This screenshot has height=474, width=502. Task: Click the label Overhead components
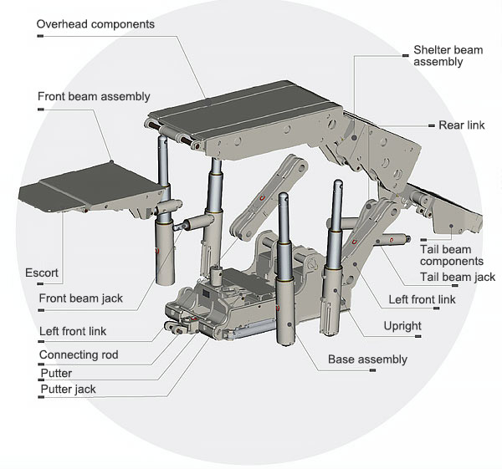[95, 24]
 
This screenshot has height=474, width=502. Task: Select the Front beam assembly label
[94, 96]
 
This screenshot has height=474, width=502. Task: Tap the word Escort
[42, 273]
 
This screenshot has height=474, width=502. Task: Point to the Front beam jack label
[80, 298]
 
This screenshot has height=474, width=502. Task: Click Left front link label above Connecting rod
[73, 331]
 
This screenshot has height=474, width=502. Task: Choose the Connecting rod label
[79, 354]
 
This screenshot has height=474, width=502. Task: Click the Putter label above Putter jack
[56, 373]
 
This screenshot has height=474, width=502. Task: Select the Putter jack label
[68, 389]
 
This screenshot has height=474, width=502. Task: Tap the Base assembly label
[367, 359]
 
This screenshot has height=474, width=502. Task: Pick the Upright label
[401, 325]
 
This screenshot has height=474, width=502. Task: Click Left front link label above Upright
[423, 300]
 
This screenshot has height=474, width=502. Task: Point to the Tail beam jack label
[457, 277]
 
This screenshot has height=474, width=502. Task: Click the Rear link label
[461, 125]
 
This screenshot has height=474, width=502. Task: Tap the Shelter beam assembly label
[448, 56]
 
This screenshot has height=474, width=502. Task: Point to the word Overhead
[64, 24]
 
